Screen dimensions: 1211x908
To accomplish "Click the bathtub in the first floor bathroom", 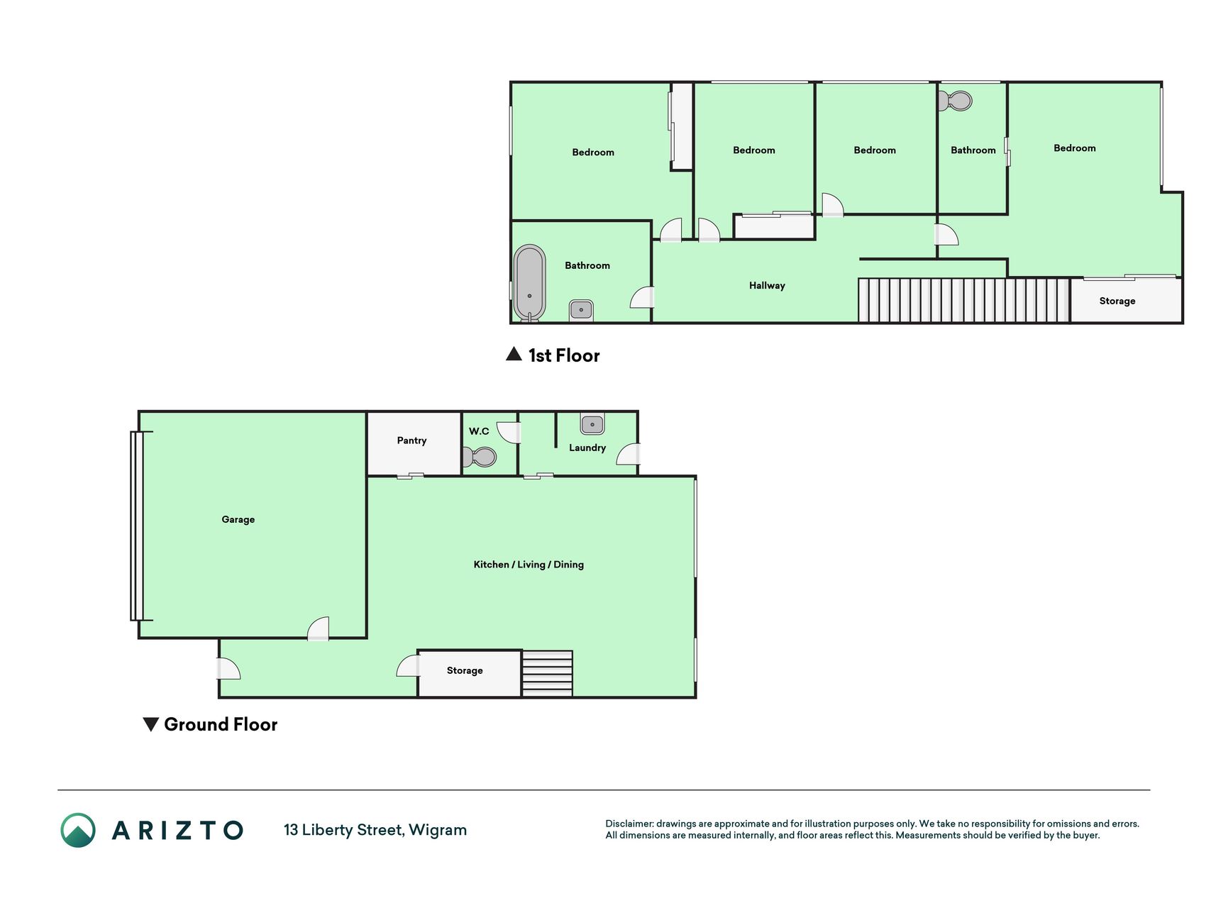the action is tap(529, 283).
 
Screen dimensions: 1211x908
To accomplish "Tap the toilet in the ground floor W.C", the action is tap(480, 456).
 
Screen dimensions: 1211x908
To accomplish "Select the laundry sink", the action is tap(592, 424).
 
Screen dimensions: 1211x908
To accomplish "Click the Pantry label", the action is tap(411, 441).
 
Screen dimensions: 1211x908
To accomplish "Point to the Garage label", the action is tap(238, 519).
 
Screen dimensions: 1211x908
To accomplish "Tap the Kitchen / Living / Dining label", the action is tap(529, 565).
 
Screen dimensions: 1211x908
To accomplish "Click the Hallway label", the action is tap(767, 286).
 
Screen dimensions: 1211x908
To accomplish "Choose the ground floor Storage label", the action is tap(465, 670).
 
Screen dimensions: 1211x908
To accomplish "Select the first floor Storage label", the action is tap(1117, 301).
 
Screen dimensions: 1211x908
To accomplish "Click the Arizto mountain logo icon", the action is tap(78, 830).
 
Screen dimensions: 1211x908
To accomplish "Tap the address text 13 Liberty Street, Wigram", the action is tap(375, 830).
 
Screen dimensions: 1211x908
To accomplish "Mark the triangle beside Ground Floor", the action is tap(150, 724).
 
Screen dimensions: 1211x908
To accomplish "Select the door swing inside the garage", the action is tap(319, 629).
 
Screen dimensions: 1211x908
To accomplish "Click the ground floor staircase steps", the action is tap(547, 673).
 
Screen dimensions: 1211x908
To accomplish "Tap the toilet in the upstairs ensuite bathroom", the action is tap(955, 101).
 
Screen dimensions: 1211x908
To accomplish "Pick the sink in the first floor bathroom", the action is tap(581, 310).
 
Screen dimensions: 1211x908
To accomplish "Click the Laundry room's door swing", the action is tap(629, 454).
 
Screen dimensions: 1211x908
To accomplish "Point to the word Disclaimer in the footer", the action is tap(629, 824).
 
